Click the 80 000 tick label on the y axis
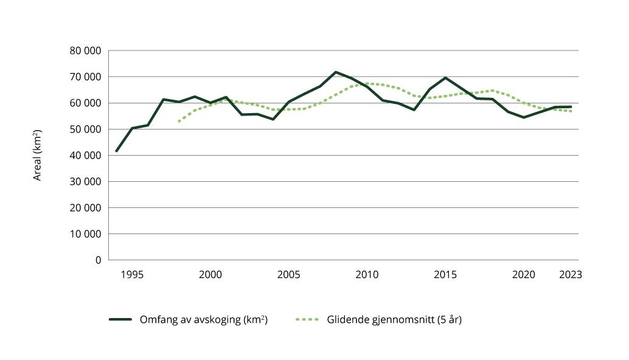coord(85,51)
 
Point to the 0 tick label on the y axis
coord(98,260)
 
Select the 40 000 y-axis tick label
coord(85,156)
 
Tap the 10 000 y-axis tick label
coord(85,234)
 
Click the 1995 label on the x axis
coord(132,275)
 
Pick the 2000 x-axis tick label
coord(210,275)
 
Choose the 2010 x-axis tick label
coord(367,275)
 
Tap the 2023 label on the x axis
coord(570,275)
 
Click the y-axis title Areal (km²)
coord(38,155)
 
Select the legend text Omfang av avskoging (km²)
coord(203,319)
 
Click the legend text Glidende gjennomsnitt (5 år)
coord(394,319)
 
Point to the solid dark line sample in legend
coord(120,319)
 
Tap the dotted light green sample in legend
coord(307,319)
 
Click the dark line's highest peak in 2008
coord(336,72)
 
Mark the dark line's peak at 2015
coord(445,78)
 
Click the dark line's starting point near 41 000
coord(116,151)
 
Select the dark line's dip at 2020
coord(524,117)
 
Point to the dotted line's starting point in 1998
coord(179,122)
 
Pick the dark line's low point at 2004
coord(273,119)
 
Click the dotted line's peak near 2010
coord(367,83)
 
